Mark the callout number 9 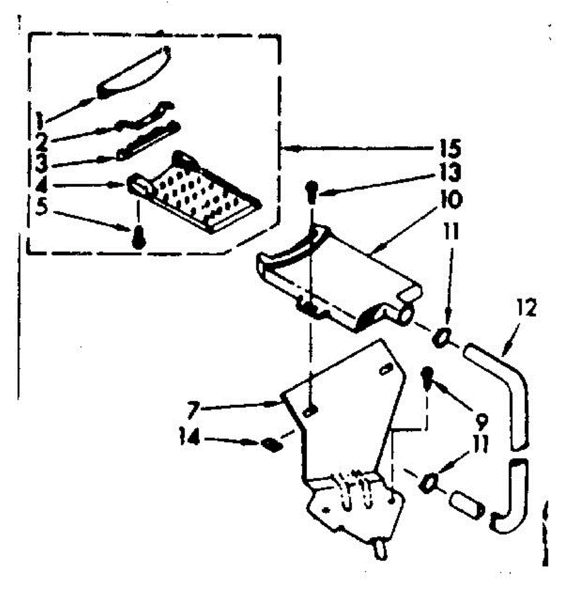click(481, 420)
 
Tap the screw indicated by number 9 click(427, 376)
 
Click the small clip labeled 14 click(272, 446)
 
